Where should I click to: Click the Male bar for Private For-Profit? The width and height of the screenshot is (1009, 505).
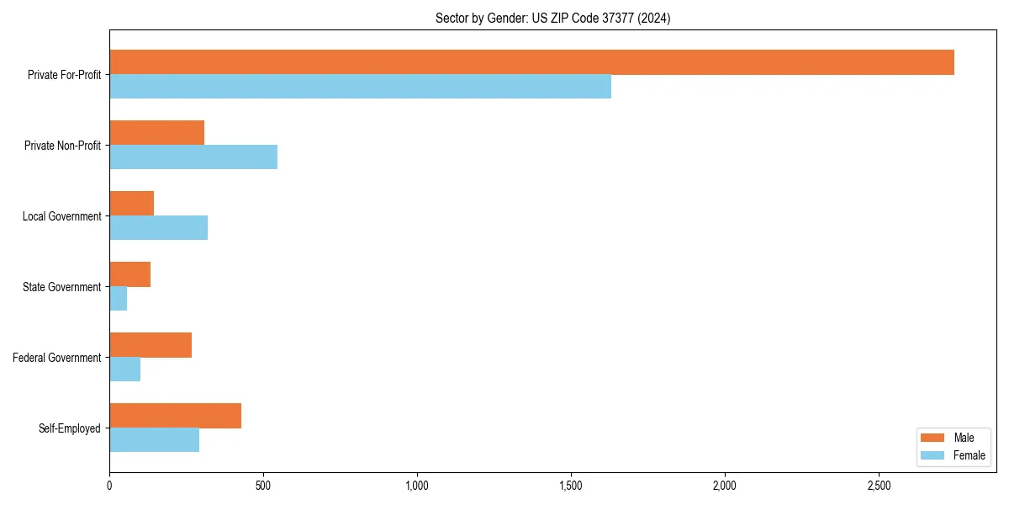[531, 62]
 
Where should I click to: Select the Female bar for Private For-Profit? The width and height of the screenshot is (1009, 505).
[360, 87]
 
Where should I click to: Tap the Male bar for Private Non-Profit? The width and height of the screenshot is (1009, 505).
[156, 133]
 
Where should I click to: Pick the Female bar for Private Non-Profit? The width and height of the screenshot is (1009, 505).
[193, 157]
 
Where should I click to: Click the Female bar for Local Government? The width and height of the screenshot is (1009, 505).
[158, 228]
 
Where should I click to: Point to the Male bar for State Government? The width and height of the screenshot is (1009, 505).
[129, 274]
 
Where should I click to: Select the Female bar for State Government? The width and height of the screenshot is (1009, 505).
[118, 299]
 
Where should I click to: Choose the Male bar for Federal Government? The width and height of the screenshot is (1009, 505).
[151, 345]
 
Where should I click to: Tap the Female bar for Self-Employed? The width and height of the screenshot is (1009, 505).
[154, 440]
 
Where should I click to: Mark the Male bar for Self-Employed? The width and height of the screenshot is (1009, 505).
[175, 416]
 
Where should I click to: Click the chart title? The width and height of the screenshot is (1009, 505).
[552, 18]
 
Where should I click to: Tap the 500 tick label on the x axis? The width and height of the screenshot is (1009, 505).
[263, 486]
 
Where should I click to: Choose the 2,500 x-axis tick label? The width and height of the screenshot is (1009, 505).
[879, 486]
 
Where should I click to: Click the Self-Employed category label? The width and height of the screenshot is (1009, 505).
[70, 428]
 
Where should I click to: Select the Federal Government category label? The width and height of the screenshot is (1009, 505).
[57, 358]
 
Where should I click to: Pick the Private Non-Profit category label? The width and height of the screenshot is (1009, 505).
[62, 146]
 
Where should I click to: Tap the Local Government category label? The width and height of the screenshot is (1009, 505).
[61, 216]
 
